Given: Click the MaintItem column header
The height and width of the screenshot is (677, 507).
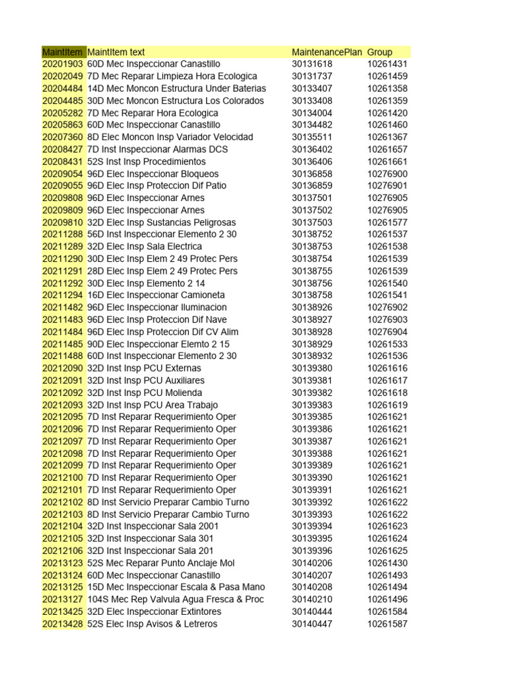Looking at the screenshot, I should coord(63,52).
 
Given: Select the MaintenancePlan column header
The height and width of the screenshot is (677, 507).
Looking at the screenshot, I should coord(327,52).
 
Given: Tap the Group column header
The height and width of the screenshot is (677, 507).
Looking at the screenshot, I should coord(380,52).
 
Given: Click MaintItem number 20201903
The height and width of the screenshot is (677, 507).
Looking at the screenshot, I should coord(63,64).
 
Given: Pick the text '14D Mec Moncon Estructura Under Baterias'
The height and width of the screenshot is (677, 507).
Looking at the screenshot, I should coord(176,89).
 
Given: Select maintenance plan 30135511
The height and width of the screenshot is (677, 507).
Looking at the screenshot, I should coord(312,137).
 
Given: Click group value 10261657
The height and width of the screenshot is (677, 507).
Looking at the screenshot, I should coord(388,149).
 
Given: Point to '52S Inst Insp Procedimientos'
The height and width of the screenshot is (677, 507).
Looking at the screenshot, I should coord(147,161).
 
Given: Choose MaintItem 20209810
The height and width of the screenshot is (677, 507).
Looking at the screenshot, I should coord(63,222).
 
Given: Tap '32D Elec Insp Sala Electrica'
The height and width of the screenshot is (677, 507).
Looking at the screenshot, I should coord(145,247).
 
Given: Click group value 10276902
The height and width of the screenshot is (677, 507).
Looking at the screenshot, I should coord(388,307).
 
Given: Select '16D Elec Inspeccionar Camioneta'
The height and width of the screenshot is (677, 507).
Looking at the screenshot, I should coord(156,295).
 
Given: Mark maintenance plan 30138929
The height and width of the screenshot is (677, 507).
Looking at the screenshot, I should coord(312,344).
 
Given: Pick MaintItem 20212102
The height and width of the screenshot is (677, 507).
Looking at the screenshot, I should coord(63,502).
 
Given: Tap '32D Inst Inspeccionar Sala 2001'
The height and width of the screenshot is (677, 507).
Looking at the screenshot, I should coord(153,526).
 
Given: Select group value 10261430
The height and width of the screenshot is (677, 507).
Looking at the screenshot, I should coord(388,563).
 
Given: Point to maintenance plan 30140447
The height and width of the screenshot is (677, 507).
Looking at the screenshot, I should coord(312,623).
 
